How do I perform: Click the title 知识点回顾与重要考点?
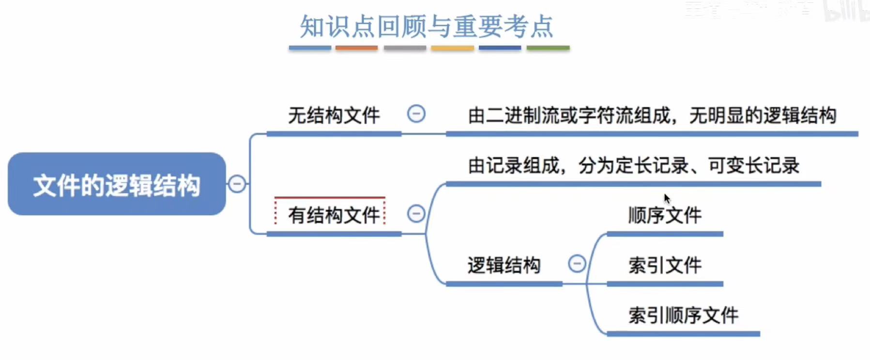pos(426,26)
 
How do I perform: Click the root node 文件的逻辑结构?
pos(117,184)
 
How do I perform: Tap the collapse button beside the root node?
pos(237,184)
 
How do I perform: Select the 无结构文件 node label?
pos(334,116)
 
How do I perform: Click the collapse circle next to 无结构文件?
pos(416,114)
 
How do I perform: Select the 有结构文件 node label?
pos(334,215)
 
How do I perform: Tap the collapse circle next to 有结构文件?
pos(416,213)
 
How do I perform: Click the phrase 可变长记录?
pos(753,166)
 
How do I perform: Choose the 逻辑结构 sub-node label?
pos(504,265)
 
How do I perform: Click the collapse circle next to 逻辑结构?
pos(577,264)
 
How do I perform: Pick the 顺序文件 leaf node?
pos(665,215)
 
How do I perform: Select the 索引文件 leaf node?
pos(665,265)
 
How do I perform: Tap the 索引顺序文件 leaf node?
pos(683,315)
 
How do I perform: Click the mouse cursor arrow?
pos(667,198)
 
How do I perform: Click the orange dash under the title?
pos(356,48)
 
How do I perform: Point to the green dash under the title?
pos(548,48)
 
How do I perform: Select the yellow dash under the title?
pos(452,48)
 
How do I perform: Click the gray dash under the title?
pos(405,48)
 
